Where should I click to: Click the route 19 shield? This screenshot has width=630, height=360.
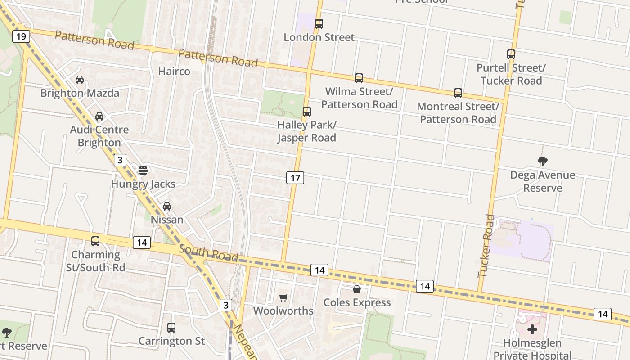click(21, 36)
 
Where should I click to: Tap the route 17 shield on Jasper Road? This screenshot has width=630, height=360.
click(295, 178)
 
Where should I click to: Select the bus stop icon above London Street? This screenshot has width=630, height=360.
click(319, 24)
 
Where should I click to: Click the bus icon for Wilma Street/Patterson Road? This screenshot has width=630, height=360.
click(359, 78)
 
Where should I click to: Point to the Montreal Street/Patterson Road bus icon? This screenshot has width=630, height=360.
click(458, 93)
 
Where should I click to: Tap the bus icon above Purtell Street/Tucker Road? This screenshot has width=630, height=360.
click(511, 54)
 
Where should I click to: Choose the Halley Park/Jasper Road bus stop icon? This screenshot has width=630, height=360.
click(306, 111)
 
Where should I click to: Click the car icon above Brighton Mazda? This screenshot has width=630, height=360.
click(80, 80)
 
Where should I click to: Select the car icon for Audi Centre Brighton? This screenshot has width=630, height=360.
click(99, 117)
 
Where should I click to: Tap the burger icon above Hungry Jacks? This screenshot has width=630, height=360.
click(143, 171)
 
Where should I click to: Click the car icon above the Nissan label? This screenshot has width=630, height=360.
click(167, 206)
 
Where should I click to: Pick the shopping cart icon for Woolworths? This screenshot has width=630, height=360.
click(283, 297)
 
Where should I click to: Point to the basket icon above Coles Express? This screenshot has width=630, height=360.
click(357, 289)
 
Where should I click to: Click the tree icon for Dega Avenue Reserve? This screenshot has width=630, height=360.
click(542, 161)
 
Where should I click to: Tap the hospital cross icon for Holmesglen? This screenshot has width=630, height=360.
click(532, 329)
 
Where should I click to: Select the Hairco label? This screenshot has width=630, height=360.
click(174, 71)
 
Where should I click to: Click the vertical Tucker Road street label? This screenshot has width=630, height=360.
click(486, 246)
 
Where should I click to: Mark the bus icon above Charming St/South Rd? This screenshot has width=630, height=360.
click(95, 241)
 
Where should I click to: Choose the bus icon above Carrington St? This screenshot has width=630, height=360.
click(171, 327)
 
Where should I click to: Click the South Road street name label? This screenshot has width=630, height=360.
click(208, 253)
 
